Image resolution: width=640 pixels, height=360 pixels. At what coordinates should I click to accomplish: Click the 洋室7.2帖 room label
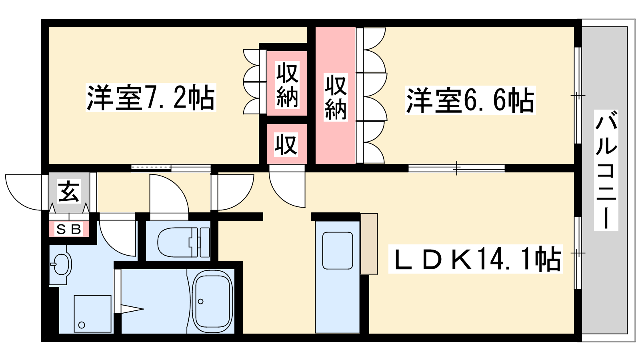pos(150,98)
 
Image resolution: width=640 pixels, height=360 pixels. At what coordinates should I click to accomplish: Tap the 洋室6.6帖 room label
pos(470,100)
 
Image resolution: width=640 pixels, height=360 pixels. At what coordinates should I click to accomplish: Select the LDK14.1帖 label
pos(476,259)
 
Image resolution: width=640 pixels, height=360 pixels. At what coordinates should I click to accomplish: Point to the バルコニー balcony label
pos(606,170)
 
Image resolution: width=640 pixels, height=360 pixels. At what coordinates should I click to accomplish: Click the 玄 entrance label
pos(68,191)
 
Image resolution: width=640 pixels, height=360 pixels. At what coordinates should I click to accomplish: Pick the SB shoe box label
pos(68,229)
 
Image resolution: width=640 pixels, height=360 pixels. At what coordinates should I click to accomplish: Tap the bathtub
pos(212,302)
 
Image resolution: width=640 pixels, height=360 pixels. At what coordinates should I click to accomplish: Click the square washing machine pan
pos(92,314)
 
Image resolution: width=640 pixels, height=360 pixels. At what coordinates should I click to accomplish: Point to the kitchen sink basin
pos(338,250)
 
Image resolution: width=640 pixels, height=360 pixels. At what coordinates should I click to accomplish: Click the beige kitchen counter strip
pos(369,244)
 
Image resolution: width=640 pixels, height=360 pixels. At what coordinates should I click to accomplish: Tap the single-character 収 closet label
pos(286,144)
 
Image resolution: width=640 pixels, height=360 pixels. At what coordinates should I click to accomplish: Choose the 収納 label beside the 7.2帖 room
pos(288,85)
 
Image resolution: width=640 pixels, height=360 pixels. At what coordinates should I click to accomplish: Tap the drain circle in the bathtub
pos(200,302)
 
